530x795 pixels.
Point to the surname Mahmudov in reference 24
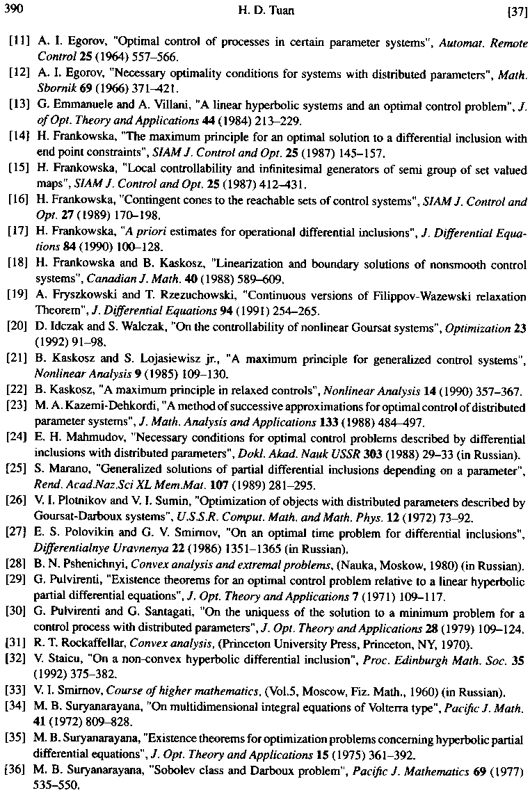click(x=85, y=440)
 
